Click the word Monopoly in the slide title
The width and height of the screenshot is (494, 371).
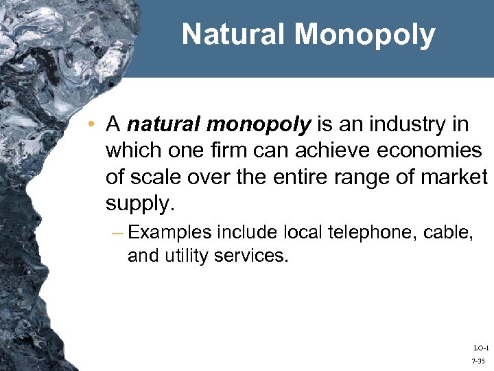tap(370, 35)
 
